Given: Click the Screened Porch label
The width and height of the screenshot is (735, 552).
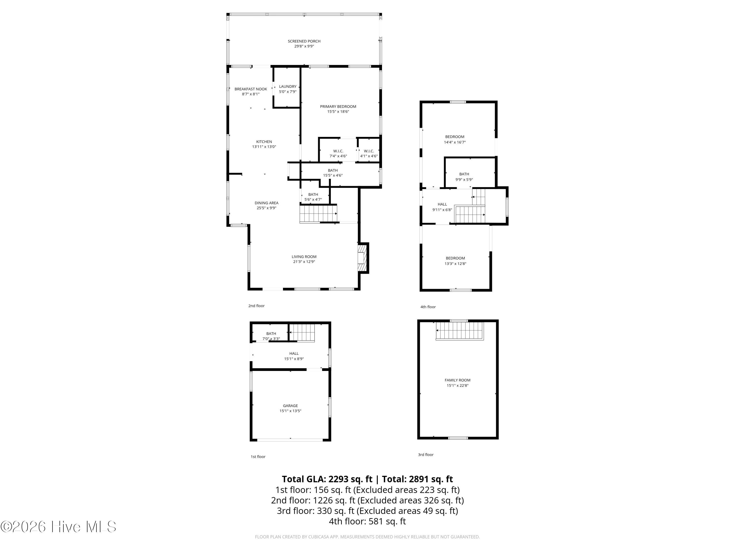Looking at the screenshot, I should pos(304,41).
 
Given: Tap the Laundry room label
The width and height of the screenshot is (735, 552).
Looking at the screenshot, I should pos(287,87).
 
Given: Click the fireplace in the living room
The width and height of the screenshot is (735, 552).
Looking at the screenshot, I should pos(362,258).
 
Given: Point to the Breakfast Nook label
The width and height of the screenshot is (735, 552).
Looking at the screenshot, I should pos(251,89).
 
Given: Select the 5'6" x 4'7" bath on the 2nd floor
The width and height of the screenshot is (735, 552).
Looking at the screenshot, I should pos(313,197).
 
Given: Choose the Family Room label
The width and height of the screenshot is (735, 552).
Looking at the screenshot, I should pos(457,380).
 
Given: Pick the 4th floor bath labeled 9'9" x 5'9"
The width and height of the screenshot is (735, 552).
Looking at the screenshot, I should pos(464,177).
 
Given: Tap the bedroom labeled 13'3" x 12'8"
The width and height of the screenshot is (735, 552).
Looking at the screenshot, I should pos(455,261).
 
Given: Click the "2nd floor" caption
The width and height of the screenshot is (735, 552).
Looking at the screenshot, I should pos(256,306).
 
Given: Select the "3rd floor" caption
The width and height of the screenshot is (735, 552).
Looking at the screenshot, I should pos(425,455).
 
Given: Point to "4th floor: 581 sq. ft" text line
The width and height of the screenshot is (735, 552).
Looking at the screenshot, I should pos(367,521).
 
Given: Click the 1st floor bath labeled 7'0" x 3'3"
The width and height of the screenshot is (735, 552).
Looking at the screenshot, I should pos(271,336).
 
